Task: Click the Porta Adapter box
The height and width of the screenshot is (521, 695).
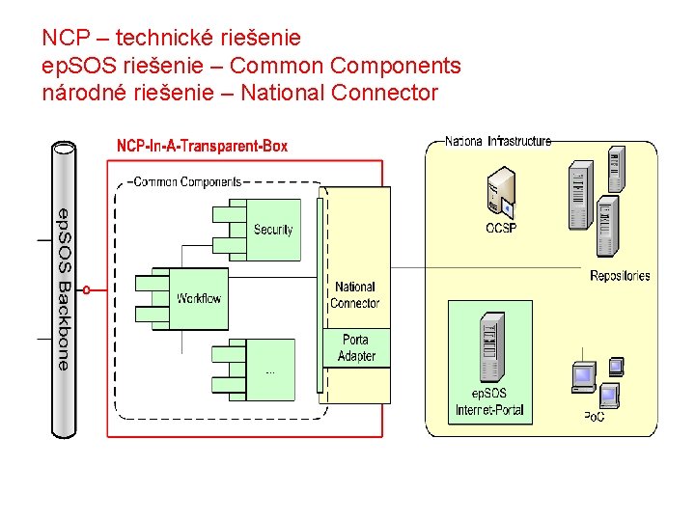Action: point(356,347)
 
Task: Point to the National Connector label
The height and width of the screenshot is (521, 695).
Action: point(355,295)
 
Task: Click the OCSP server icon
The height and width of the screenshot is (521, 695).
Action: point(501,193)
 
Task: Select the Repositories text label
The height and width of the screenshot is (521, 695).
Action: point(620,276)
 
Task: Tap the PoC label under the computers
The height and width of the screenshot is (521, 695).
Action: point(594,417)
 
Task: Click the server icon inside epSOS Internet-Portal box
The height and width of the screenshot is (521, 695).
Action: point(491,347)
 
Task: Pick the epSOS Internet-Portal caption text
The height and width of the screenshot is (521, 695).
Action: point(489,401)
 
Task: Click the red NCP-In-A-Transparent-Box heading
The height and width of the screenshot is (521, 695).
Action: point(202,146)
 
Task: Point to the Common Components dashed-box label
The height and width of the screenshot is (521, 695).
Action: point(187,181)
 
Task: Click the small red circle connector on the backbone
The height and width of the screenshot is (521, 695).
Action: point(87,290)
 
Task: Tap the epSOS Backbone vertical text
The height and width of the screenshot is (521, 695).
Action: point(65,289)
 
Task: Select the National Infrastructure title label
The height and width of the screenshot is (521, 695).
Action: point(498,141)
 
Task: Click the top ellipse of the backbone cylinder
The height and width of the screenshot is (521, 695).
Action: point(64,148)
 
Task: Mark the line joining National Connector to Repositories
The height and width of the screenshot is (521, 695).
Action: point(486,267)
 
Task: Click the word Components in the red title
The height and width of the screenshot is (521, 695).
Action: point(397,66)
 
